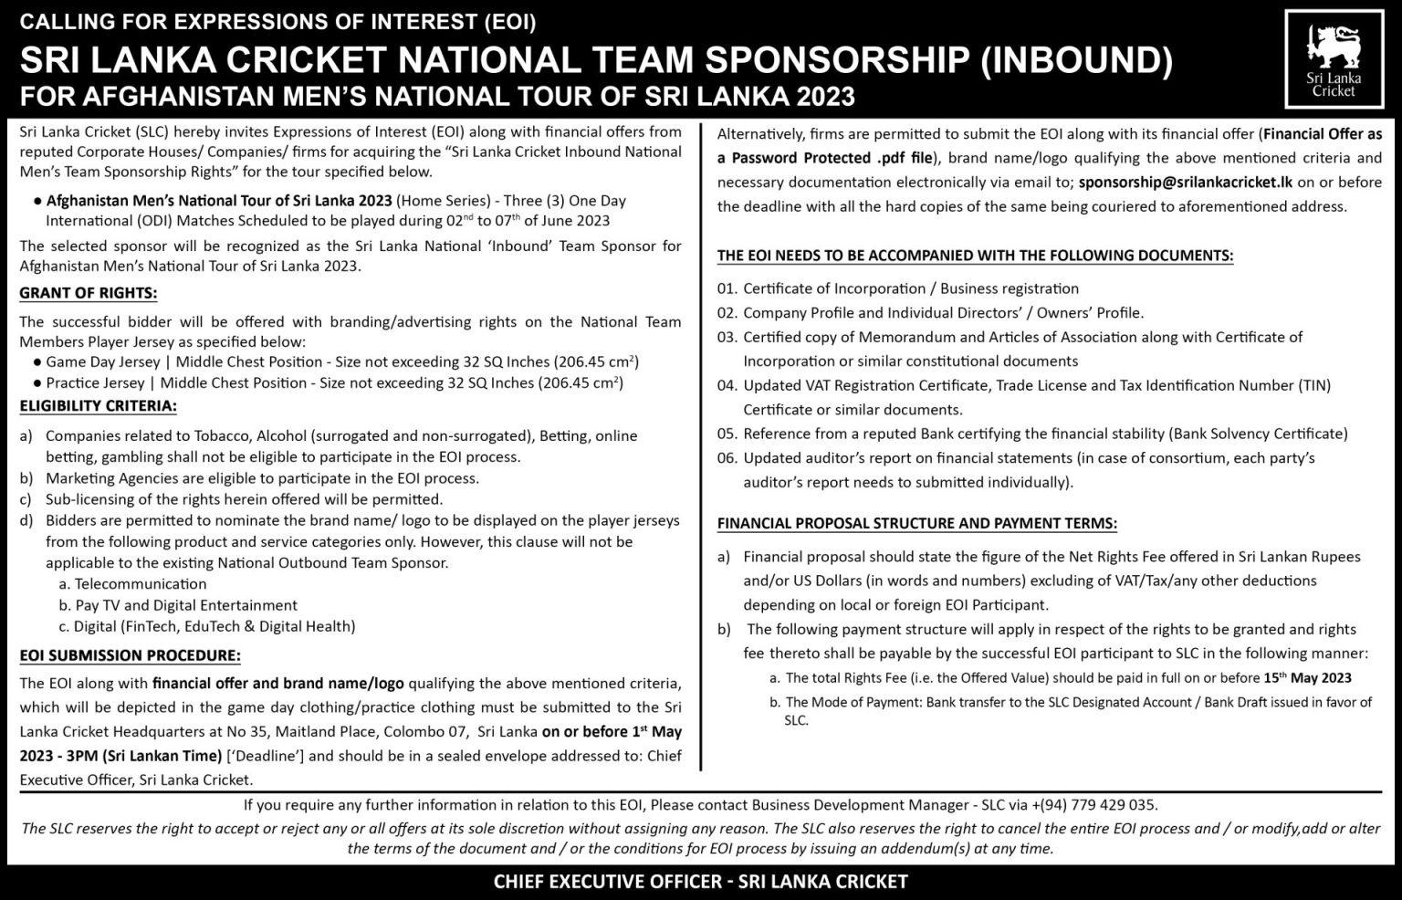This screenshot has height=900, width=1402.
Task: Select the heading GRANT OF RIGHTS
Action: point(89,293)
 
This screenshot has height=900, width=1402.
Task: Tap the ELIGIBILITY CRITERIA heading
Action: point(99,405)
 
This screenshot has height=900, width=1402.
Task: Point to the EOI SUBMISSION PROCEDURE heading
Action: point(131,655)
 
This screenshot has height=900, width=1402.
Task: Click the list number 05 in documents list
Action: point(727,434)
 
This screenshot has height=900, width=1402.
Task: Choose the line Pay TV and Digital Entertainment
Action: point(186,605)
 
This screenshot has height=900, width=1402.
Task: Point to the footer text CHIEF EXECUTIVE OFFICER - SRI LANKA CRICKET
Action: point(701,881)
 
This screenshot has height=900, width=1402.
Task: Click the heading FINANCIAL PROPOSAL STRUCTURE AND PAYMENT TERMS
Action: point(916,524)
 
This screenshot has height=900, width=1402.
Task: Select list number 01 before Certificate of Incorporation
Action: point(727,288)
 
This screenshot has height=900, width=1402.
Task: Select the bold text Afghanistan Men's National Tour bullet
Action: point(219,201)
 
